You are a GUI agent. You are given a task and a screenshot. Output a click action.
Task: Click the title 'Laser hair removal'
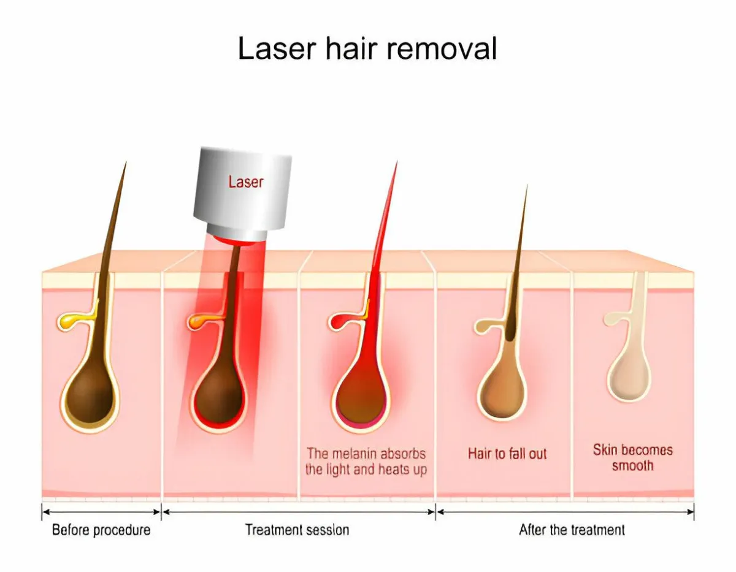(x=367, y=48)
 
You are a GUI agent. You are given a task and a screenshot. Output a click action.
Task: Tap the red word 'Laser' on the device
(x=245, y=181)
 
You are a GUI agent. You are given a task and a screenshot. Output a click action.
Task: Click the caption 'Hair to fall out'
(x=507, y=454)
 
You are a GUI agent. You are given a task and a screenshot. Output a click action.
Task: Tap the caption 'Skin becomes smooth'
(x=633, y=458)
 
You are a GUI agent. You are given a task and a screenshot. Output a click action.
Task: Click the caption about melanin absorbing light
(x=366, y=462)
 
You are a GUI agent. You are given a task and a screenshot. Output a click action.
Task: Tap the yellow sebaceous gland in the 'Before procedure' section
(x=73, y=321)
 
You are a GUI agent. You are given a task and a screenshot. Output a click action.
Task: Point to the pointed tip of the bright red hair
(x=397, y=161)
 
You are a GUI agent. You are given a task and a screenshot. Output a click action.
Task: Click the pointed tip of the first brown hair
(x=126, y=162)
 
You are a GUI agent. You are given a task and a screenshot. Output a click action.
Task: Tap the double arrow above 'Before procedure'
(x=101, y=512)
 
